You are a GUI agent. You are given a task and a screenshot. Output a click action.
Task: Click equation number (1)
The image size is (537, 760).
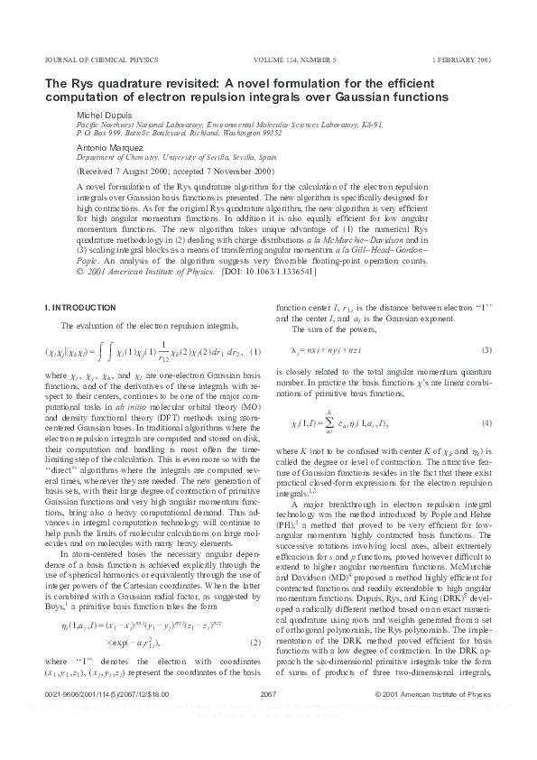pos(255,350)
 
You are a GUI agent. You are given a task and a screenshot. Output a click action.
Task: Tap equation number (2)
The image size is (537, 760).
pos(255,517)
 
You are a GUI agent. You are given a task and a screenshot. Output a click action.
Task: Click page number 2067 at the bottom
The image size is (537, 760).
pos(267,718)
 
